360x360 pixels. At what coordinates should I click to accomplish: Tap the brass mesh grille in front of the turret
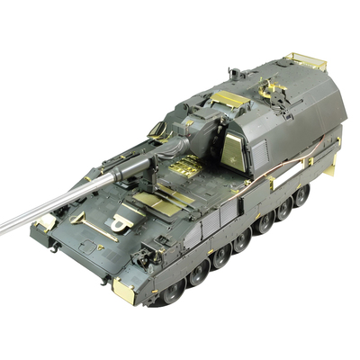tap(186, 166)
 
